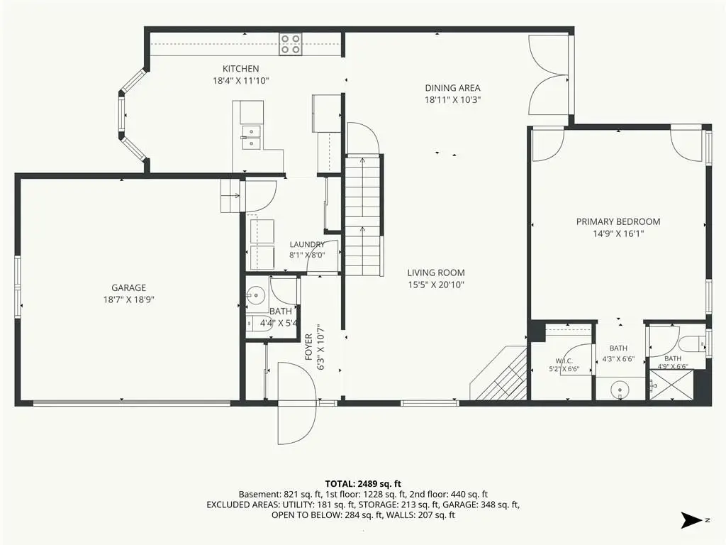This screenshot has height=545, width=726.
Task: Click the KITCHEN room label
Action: click(x=241, y=69)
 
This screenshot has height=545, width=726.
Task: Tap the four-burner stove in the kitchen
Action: click(x=290, y=44)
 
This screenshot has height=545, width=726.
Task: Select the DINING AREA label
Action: click(x=452, y=87)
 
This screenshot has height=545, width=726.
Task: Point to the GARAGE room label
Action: click(x=129, y=288)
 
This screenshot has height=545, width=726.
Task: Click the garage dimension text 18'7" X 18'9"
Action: click(x=129, y=299)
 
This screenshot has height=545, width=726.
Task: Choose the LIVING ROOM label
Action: click(x=436, y=273)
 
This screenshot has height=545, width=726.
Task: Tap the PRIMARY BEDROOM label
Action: click(x=618, y=221)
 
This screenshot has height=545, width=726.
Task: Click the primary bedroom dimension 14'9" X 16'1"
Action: click(x=618, y=233)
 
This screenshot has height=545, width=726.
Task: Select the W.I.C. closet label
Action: click(x=564, y=361)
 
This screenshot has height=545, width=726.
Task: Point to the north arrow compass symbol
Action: click(x=692, y=520)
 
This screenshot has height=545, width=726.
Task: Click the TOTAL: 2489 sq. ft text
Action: click(x=363, y=484)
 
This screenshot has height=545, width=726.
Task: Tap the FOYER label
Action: click(x=309, y=347)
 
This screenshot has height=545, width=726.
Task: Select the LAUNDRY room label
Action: click(x=307, y=244)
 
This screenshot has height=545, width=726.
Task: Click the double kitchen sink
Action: click(x=250, y=138)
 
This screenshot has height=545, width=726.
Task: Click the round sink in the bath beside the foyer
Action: click(x=255, y=294)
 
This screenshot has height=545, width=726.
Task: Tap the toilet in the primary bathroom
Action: click(x=693, y=344)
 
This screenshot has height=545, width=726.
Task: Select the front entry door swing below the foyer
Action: click(x=297, y=403)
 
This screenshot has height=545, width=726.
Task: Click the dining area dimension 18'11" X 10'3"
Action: click(x=452, y=99)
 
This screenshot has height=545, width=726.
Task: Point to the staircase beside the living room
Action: click(x=364, y=216)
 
